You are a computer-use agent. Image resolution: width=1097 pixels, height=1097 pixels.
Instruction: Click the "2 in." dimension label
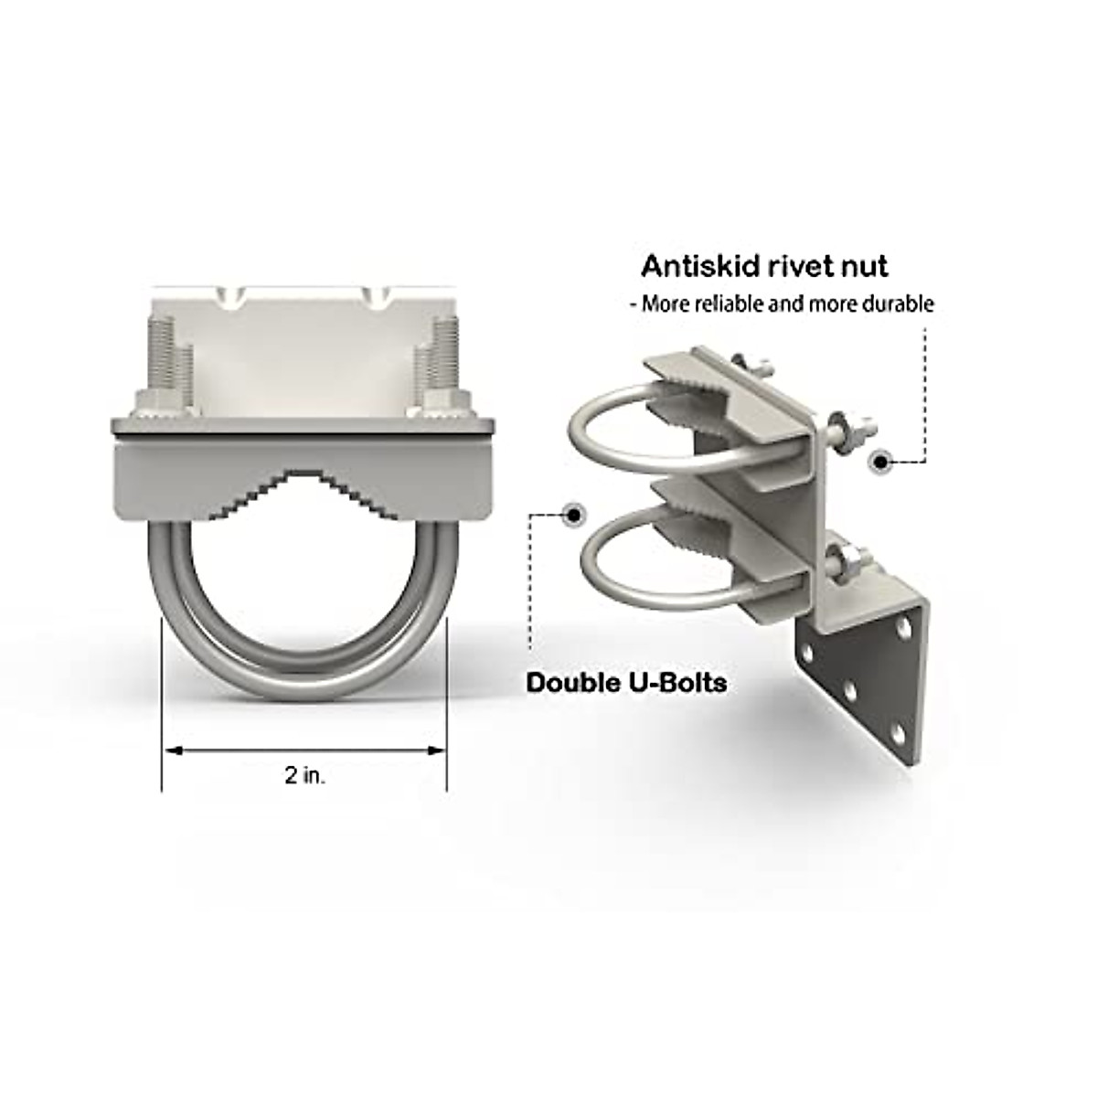pos(304,776)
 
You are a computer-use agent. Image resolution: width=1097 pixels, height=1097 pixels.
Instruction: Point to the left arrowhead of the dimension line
pos(171,751)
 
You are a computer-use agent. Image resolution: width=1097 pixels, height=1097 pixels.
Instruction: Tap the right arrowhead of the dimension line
pos(437,751)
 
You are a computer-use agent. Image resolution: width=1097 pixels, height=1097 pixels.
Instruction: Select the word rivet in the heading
pos(804,266)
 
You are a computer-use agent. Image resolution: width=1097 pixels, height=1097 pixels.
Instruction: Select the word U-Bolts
pos(677,682)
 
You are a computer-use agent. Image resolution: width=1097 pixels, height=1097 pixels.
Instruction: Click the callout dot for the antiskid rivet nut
pos(881,461)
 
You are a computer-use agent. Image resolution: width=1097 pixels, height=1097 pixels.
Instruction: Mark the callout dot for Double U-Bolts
pos(573,514)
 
